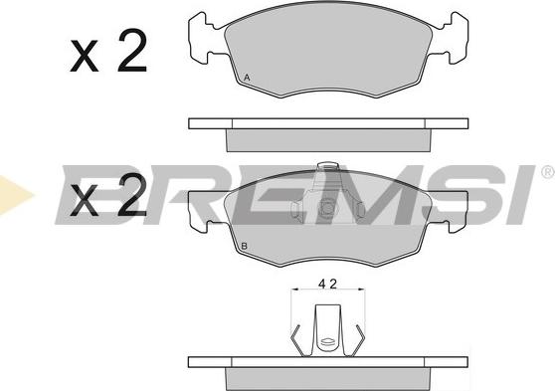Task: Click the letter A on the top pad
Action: [x=247, y=78]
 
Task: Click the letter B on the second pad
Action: [x=244, y=246]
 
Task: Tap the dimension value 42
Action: [x=328, y=284]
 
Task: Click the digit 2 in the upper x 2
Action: [x=132, y=51]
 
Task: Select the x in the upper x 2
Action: [x=85, y=56]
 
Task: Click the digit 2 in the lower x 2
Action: [x=132, y=195]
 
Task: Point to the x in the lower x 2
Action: [x=85, y=200]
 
